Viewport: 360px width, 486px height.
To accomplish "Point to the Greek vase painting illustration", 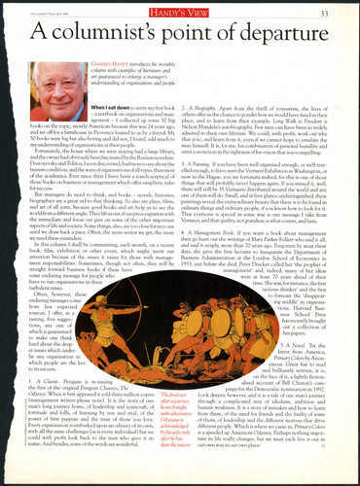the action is tap(196, 339).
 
